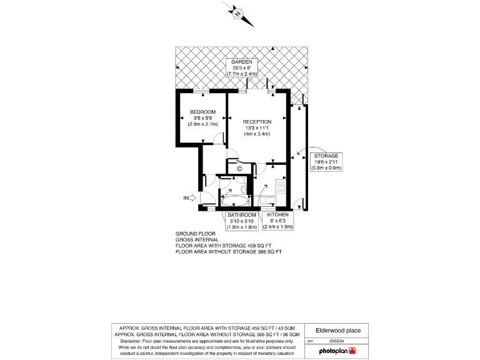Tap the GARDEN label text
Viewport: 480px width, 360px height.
[241, 62]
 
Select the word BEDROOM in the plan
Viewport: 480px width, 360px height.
[203, 112]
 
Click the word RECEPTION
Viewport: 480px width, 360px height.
[257, 122]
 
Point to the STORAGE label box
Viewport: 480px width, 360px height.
[326, 162]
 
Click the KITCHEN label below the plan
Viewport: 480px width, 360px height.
[278, 215]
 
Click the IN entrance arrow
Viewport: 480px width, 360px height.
[189, 199]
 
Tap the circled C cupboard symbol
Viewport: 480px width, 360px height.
[239, 168]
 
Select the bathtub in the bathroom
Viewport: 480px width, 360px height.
[234, 201]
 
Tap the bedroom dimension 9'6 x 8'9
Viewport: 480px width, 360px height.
[203, 117]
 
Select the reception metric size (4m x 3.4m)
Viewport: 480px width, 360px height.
[257, 134]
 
